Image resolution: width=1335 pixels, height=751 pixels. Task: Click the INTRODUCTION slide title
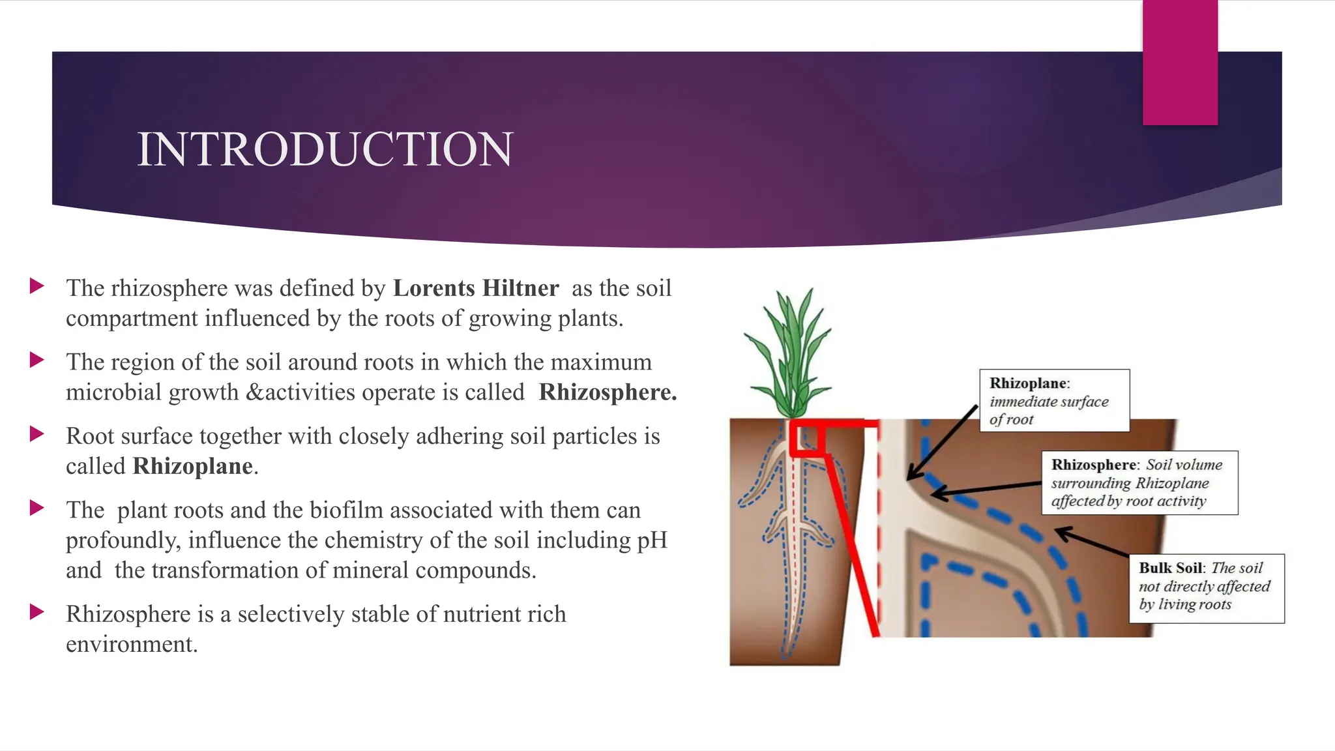pyautogui.click(x=325, y=149)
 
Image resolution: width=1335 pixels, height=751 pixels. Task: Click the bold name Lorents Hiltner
pyautogui.click(x=476, y=288)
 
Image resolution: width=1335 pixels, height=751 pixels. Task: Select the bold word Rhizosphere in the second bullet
pyautogui.click(x=608, y=392)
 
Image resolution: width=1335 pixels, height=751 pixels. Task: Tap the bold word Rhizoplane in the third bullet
pyautogui.click(x=193, y=466)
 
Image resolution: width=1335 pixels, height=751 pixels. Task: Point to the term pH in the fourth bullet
pyautogui.click(x=651, y=540)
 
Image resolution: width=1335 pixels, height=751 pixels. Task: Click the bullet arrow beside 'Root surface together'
pyautogui.click(x=37, y=434)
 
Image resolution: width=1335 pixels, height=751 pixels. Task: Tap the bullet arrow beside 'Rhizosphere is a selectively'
pyautogui.click(x=37, y=612)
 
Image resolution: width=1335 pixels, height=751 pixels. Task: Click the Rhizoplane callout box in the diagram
pyautogui.click(x=1054, y=400)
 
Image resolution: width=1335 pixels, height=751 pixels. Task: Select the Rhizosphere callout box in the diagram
pyautogui.click(x=1139, y=483)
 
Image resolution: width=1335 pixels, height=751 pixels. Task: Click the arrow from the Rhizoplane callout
pyautogui.click(x=943, y=443)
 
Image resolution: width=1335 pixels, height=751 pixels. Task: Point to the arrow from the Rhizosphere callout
pyautogui.click(x=988, y=489)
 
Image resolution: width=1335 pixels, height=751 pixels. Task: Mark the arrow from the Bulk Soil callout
pyautogui.click(x=1093, y=542)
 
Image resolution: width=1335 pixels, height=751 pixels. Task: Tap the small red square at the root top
pyautogui.click(x=807, y=438)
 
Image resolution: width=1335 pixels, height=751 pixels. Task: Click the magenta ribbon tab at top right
pyautogui.click(x=1180, y=62)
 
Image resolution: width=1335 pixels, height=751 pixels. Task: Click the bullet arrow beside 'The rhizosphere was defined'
pyautogui.click(x=37, y=286)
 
